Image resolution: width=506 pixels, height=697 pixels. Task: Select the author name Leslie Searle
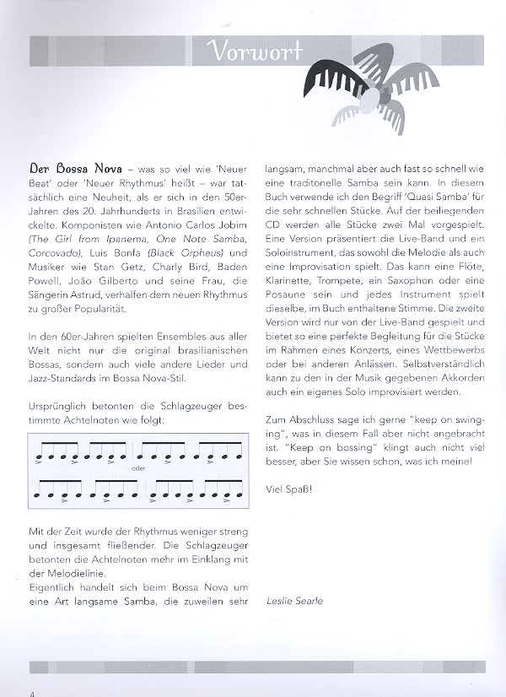[294, 601]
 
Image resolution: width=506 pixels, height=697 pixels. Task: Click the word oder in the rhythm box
[139, 467]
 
